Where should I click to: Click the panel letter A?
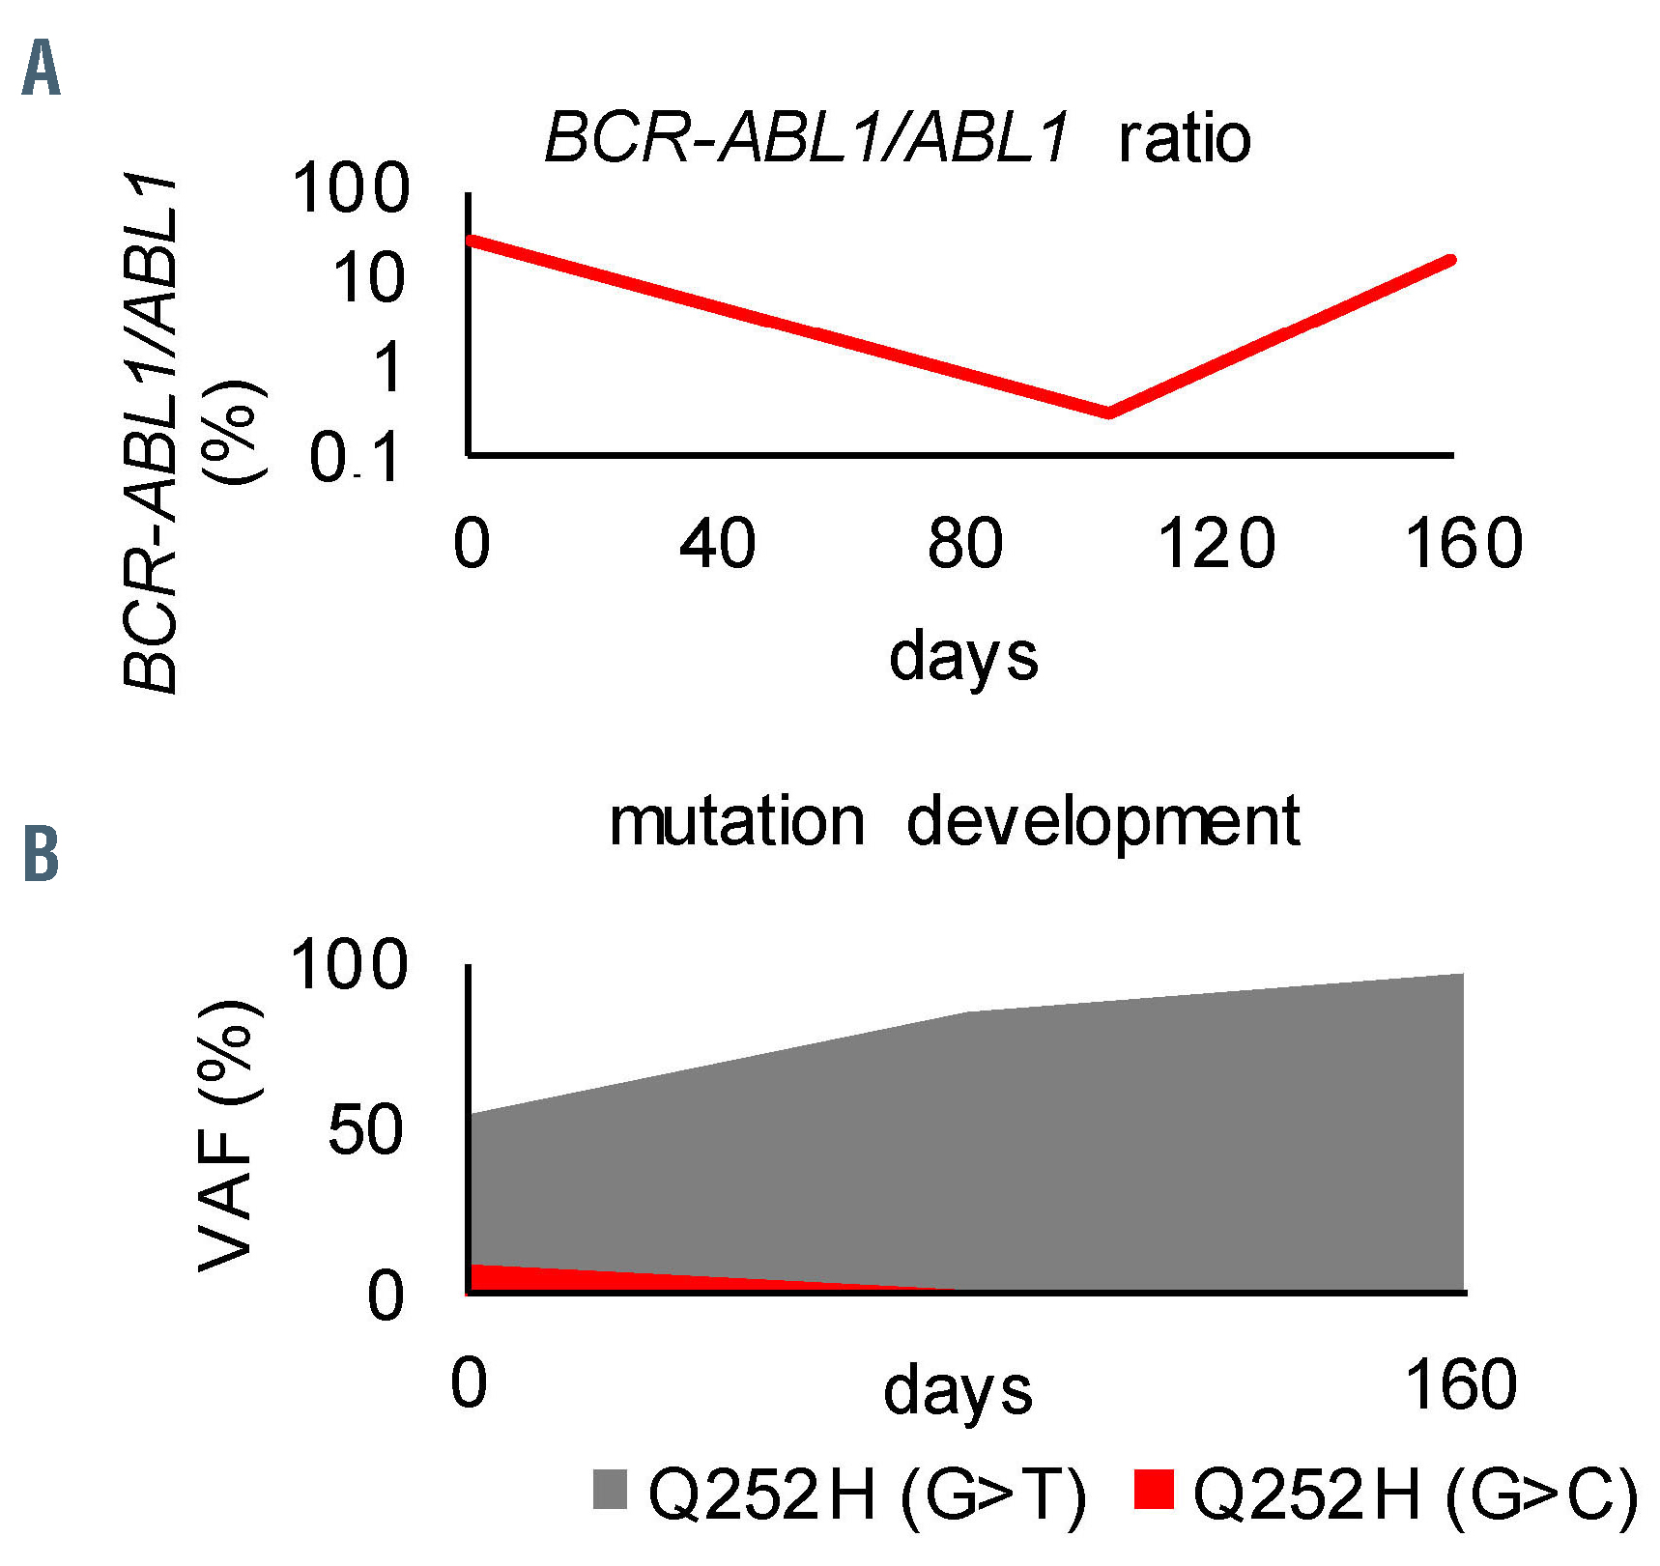click(x=41, y=69)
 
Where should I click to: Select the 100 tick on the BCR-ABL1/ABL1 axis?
click(x=351, y=187)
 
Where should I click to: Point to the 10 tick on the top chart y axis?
click(x=368, y=278)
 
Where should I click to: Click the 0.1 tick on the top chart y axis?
click(x=355, y=458)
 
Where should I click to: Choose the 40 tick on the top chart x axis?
click(x=717, y=543)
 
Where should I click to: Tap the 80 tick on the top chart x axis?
click(x=964, y=543)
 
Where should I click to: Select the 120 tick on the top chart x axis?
click(x=1216, y=543)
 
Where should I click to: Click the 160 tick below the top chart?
click(x=1463, y=543)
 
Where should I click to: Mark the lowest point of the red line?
click(x=1108, y=414)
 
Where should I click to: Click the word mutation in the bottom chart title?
click(x=736, y=822)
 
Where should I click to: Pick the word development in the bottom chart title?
click(x=1102, y=824)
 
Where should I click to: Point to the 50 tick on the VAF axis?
click(x=365, y=1129)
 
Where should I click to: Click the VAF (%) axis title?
click(x=228, y=1135)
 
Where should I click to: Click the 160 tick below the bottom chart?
click(x=1459, y=1383)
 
